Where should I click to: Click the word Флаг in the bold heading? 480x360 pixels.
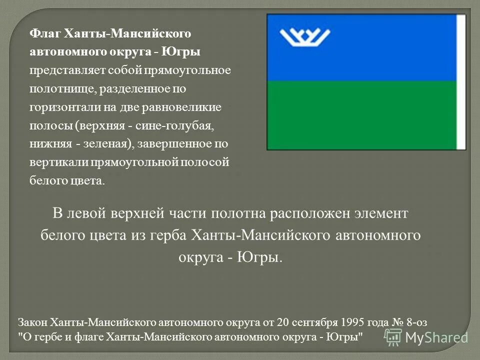coord(45,33)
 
